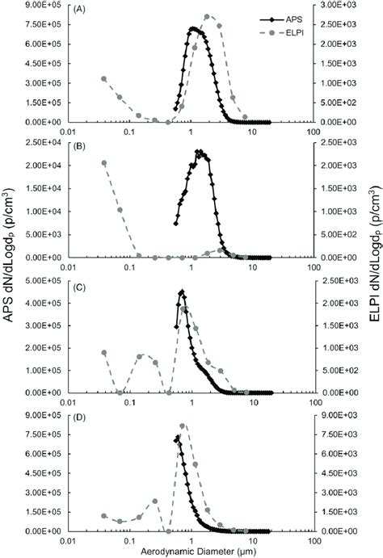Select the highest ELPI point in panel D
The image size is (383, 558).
click(183, 426)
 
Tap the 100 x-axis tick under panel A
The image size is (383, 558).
click(314, 132)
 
